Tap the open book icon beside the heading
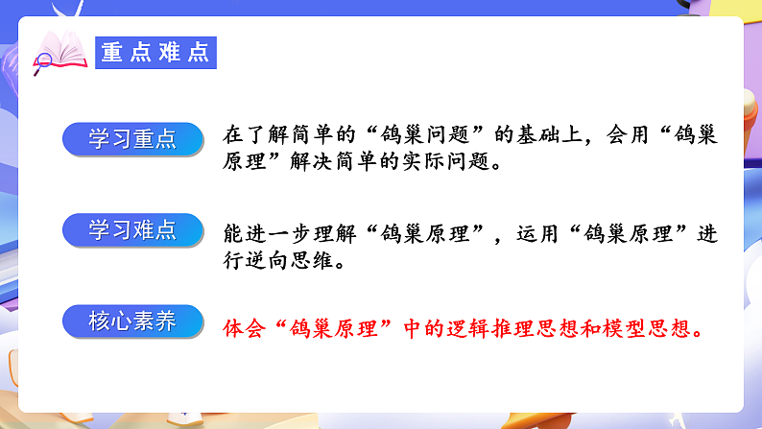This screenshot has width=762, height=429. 60,51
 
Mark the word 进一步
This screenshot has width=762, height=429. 277,233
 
